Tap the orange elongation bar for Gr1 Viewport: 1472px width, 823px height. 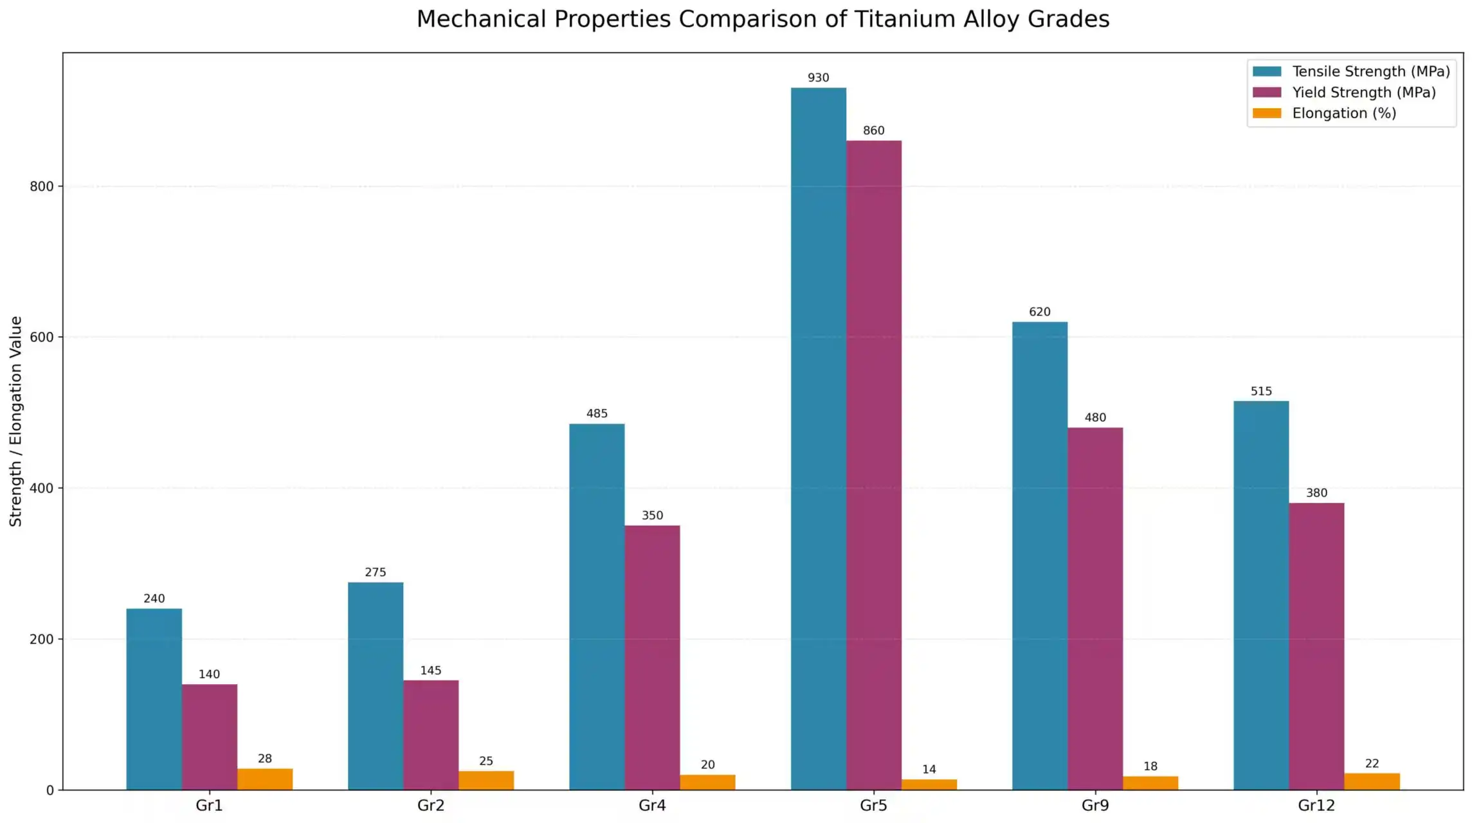[x=264, y=779]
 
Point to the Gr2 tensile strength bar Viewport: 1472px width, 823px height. [x=376, y=685]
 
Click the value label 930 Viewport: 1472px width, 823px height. [x=818, y=78]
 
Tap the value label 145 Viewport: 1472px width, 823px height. [x=430, y=671]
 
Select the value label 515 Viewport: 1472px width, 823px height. [x=1261, y=391]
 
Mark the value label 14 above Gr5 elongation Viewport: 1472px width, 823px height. [x=929, y=769]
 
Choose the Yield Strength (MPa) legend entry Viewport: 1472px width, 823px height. [x=1363, y=93]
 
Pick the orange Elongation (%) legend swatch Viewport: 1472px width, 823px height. [x=1267, y=113]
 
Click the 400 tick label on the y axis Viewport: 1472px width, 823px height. [x=41, y=488]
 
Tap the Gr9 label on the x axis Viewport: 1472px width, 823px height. [x=1095, y=805]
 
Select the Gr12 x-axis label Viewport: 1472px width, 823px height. [x=1316, y=805]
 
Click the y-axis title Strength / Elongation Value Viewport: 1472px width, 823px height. [x=16, y=421]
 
